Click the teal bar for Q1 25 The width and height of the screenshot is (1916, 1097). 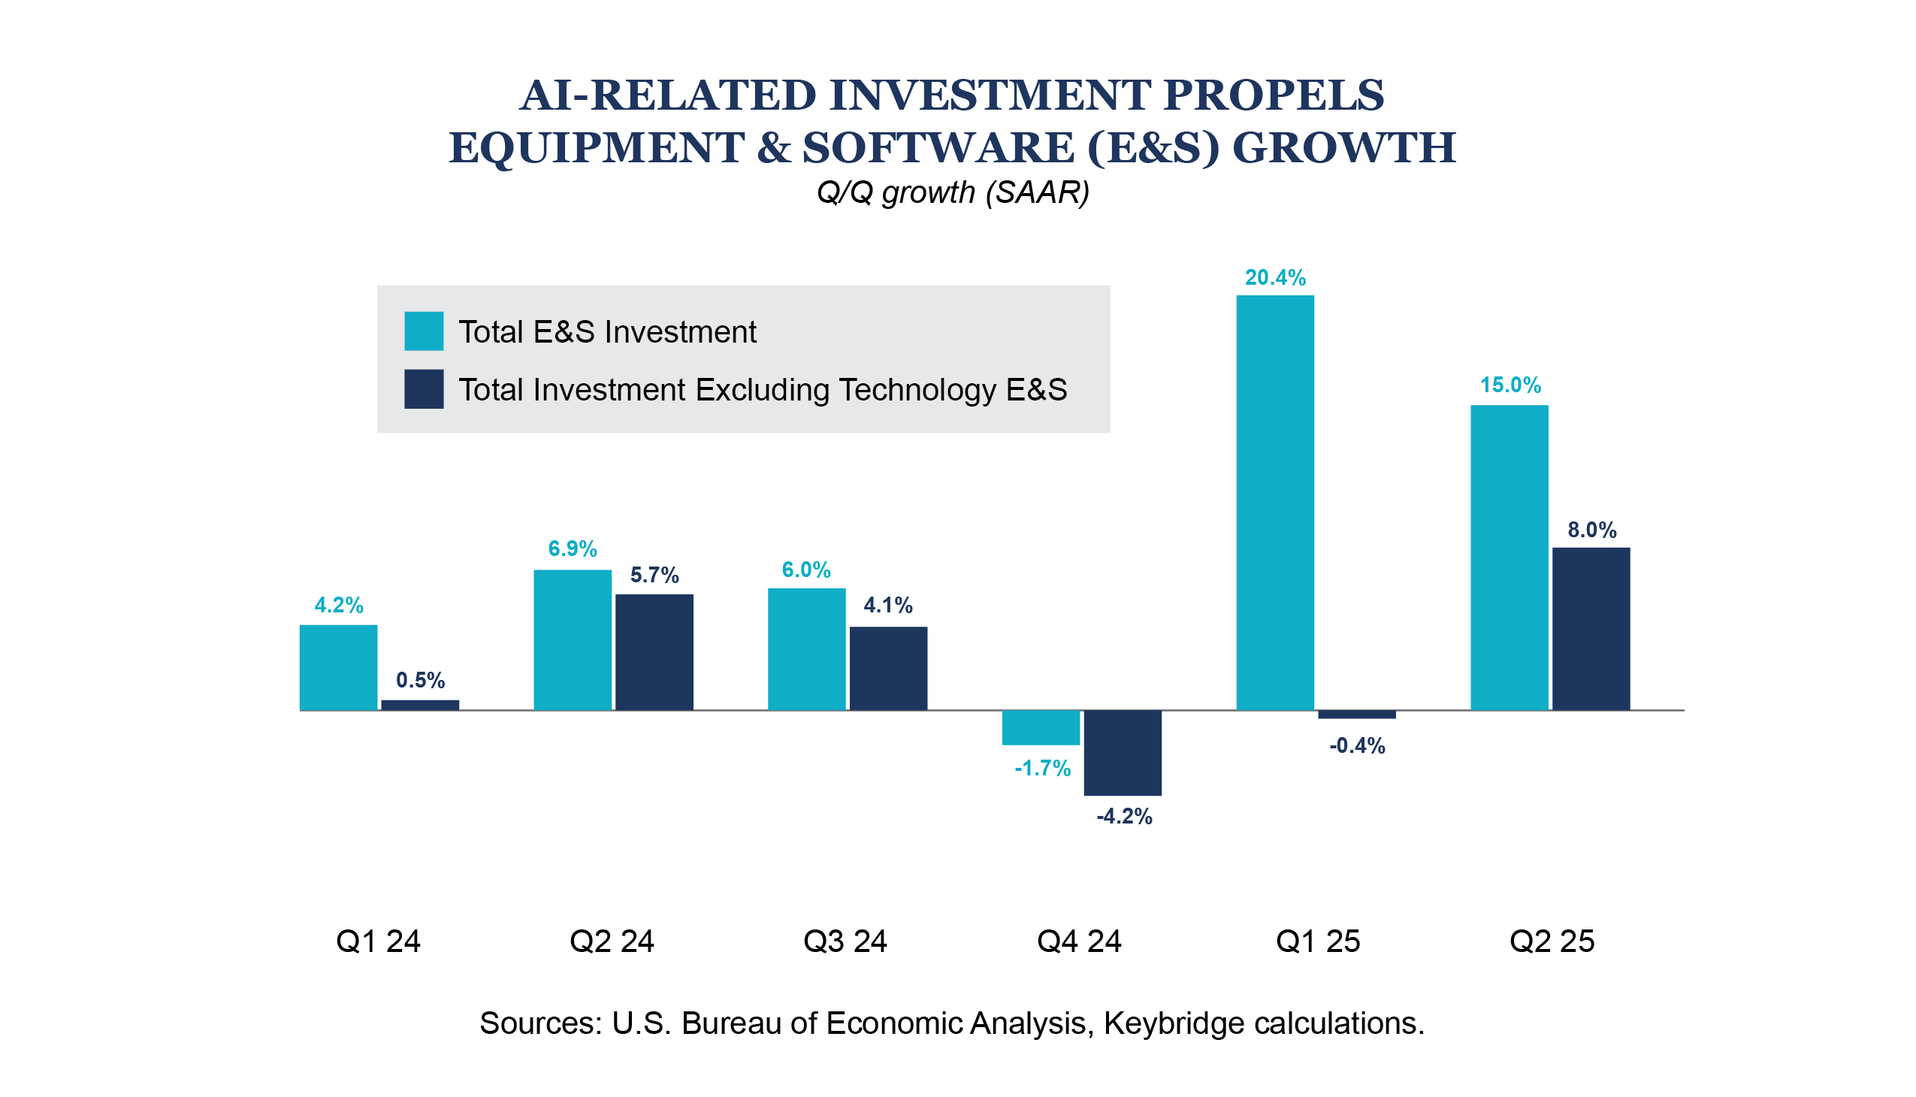tap(1275, 503)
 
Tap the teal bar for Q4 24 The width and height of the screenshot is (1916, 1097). tap(1041, 727)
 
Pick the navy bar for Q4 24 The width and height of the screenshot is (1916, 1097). tap(1123, 752)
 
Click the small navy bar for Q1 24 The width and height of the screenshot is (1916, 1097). tap(420, 706)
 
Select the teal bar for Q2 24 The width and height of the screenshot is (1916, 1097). tap(573, 639)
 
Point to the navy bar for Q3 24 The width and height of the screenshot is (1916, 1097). tap(888, 668)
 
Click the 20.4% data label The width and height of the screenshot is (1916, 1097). tap(1275, 278)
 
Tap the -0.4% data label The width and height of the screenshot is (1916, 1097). tap(1357, 746)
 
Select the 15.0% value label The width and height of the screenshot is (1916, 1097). tap(1510, 385)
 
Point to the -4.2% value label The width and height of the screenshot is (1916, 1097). tap(1124, 817)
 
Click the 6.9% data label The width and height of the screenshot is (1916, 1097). tap(573, 548)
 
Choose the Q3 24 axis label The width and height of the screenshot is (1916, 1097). tap(845, 941)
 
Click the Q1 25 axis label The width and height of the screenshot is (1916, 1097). tap(1318, 941)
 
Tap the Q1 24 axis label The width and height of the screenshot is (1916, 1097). tap(378, 941)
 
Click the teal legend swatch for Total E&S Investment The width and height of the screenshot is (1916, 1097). tap(424, 331)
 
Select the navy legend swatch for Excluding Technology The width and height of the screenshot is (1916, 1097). tap(424, 388)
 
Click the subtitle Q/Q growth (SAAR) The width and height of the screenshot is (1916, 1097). tap(953, 193)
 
